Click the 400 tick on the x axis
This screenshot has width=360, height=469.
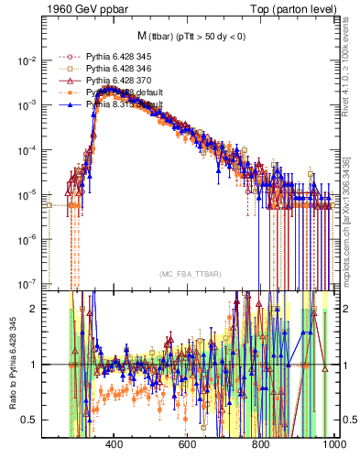click(x=115, y=446)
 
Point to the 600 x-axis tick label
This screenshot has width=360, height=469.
click(x=188, y=446)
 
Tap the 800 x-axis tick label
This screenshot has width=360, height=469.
click(x=261, y=446)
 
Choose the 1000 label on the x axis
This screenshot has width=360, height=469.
click(x=333, y=446)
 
